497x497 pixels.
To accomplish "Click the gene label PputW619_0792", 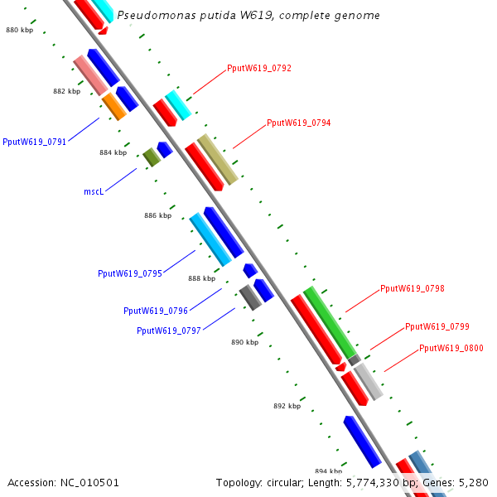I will tap(259, 68).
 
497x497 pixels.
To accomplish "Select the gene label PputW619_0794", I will tap(299, 123).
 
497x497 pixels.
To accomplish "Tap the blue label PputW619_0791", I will tap(35, 142).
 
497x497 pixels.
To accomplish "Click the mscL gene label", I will tap(94, 191).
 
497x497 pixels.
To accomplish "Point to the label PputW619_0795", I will tap(130, 273).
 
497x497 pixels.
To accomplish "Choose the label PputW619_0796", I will tap(156, 311).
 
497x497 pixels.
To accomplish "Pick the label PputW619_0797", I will tap(169, 331).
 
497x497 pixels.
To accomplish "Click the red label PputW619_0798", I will tap(413, 288).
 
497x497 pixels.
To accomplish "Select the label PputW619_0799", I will tap(437, 326).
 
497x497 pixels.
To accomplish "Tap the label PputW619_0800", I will tap(451, 348).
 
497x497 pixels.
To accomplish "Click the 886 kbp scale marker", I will tap(157, 215).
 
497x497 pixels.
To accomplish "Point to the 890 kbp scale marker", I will tap(244, 342).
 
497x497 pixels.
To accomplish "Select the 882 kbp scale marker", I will tap(66, 91).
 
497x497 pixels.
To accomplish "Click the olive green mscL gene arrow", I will tap(151, 157).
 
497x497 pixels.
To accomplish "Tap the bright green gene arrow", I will tap(330, 321).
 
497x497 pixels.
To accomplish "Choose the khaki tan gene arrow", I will tap(218, 159).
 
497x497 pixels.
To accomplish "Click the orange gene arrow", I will tap(113, 106).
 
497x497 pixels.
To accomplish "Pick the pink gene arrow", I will tap(89, 75).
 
